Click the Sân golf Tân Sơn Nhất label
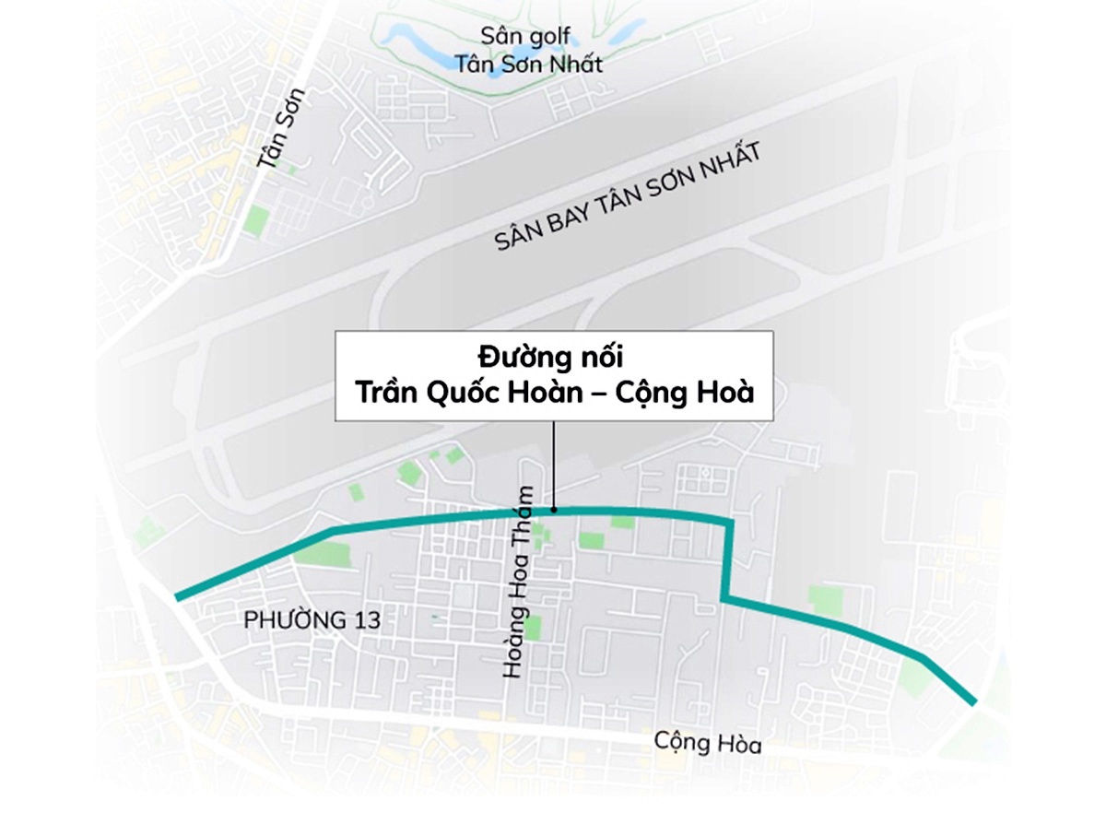coord(528,51)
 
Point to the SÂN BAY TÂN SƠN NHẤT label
coord(628,198)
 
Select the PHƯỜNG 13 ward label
coord(312,620)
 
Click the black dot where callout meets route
coord(554,509)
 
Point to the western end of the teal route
coord(178,598)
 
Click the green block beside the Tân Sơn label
coord(257,221)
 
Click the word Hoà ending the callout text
coord(729,392)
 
